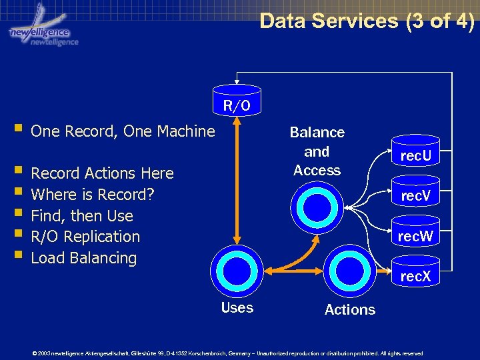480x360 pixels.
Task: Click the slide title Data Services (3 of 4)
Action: [x=367, y=21]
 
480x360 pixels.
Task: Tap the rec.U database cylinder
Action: [x=415, y=154]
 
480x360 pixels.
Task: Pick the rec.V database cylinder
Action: [x=415, y=194]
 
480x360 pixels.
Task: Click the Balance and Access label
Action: [x=317, y=151]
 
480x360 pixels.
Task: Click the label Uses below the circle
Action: [x=237, y=307]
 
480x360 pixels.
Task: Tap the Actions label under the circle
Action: [x=349, y=309]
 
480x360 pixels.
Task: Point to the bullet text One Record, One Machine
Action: [x=123, y=131]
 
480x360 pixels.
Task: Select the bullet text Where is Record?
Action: [x=93, y=195]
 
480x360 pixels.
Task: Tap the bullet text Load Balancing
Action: [x=83, y=258]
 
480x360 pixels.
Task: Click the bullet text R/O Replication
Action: [x=85, y=237]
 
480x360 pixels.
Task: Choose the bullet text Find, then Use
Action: [x=82, y=216]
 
